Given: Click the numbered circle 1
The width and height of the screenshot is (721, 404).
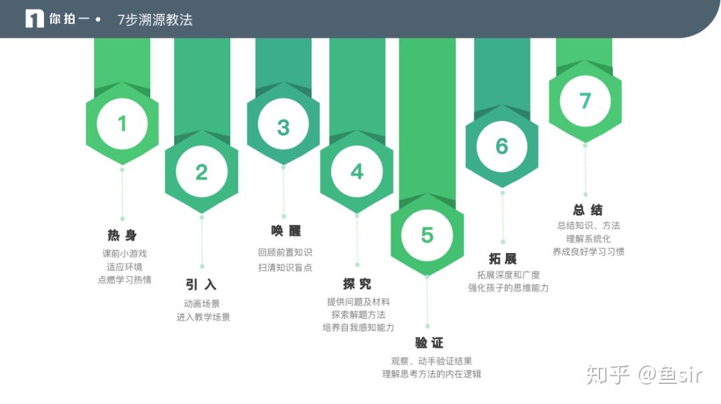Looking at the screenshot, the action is click(x=122, y=124).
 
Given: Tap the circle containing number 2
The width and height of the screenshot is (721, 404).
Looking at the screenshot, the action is click(x=202, y=172).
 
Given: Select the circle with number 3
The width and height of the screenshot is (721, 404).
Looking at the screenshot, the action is click(x=283, y=128).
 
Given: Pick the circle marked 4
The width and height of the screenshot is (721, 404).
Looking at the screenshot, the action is click(x=357, y=172).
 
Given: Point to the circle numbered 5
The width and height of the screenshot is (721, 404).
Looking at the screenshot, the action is click(x=427, y=235).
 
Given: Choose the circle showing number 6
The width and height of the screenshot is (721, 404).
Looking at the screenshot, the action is click(x=502, y=146).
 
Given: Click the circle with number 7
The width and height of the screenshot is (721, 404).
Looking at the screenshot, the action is click(x=585, y=101).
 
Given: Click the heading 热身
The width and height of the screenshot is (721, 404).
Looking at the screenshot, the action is click(x=122, y=235).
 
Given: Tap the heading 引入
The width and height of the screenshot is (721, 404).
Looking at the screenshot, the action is click(x=201, y=284).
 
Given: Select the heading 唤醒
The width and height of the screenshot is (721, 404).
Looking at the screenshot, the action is click(x=286, y=231).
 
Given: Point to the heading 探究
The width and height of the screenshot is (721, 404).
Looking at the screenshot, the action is click(x=357, y=284).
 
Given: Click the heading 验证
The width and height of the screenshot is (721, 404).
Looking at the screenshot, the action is click(x=429, y=343).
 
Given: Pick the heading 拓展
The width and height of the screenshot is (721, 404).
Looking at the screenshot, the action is click(x=503, y=258).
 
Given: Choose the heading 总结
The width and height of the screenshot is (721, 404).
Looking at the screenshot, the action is click(x=587, y=210).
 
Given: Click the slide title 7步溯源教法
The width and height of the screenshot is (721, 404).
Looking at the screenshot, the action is click(x=155, y=20).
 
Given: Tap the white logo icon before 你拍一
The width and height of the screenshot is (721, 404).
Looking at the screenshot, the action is click(x=35, y=19).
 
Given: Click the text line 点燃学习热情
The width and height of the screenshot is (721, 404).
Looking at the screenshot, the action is click(x=124, y=280).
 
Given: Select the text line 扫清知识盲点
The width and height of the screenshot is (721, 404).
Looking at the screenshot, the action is click(x=285, y=268).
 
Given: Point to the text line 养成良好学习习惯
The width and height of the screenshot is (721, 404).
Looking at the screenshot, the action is click(x=588, y=252).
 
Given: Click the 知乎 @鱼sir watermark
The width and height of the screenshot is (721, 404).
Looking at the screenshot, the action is click(x=644, y=375).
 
